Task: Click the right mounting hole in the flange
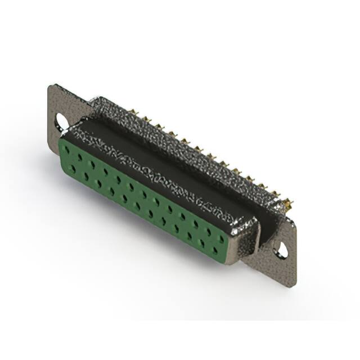pyautogui.click(x=281, y=251)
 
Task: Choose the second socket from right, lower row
pyautogui.click(x=202, y=241)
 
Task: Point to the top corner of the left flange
pyautogui.click(x=52, y=86)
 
